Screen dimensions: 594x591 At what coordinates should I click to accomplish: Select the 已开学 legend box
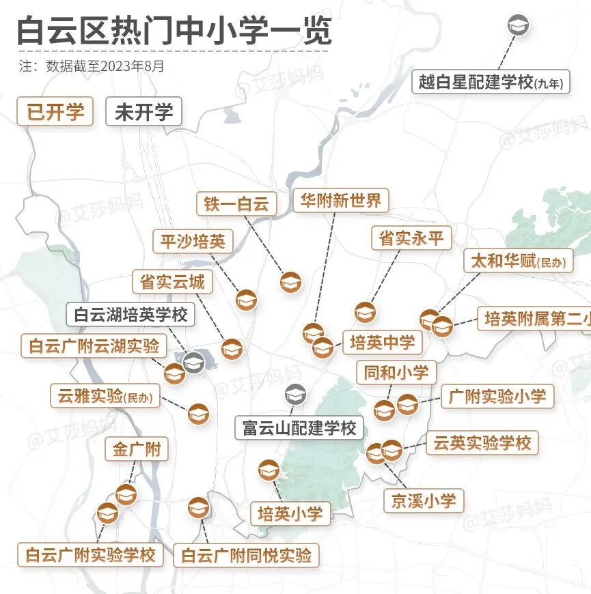pos(55,112)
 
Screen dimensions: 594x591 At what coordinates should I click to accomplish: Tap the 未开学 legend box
pos(143,112)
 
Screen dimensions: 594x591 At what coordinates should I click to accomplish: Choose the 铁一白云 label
pos(236,203)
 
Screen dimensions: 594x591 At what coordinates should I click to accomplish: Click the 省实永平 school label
pos(411,238)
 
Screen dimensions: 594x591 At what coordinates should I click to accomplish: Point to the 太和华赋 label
pos(518,261)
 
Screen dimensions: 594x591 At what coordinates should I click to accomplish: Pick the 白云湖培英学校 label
pos(130,315)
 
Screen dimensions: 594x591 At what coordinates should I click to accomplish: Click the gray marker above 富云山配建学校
pos(295,395)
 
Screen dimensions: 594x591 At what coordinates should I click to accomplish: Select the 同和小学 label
pos(396,372)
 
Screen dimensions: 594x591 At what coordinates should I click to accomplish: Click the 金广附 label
pos(137,449)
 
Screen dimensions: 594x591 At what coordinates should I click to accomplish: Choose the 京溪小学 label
pos(423,500)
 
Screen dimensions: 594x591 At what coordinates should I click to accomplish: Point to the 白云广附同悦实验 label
pos(245,555)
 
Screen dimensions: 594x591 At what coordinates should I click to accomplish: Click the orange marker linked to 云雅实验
pos(198,414)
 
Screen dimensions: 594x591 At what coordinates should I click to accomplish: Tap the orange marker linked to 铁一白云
pos(290,281)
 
